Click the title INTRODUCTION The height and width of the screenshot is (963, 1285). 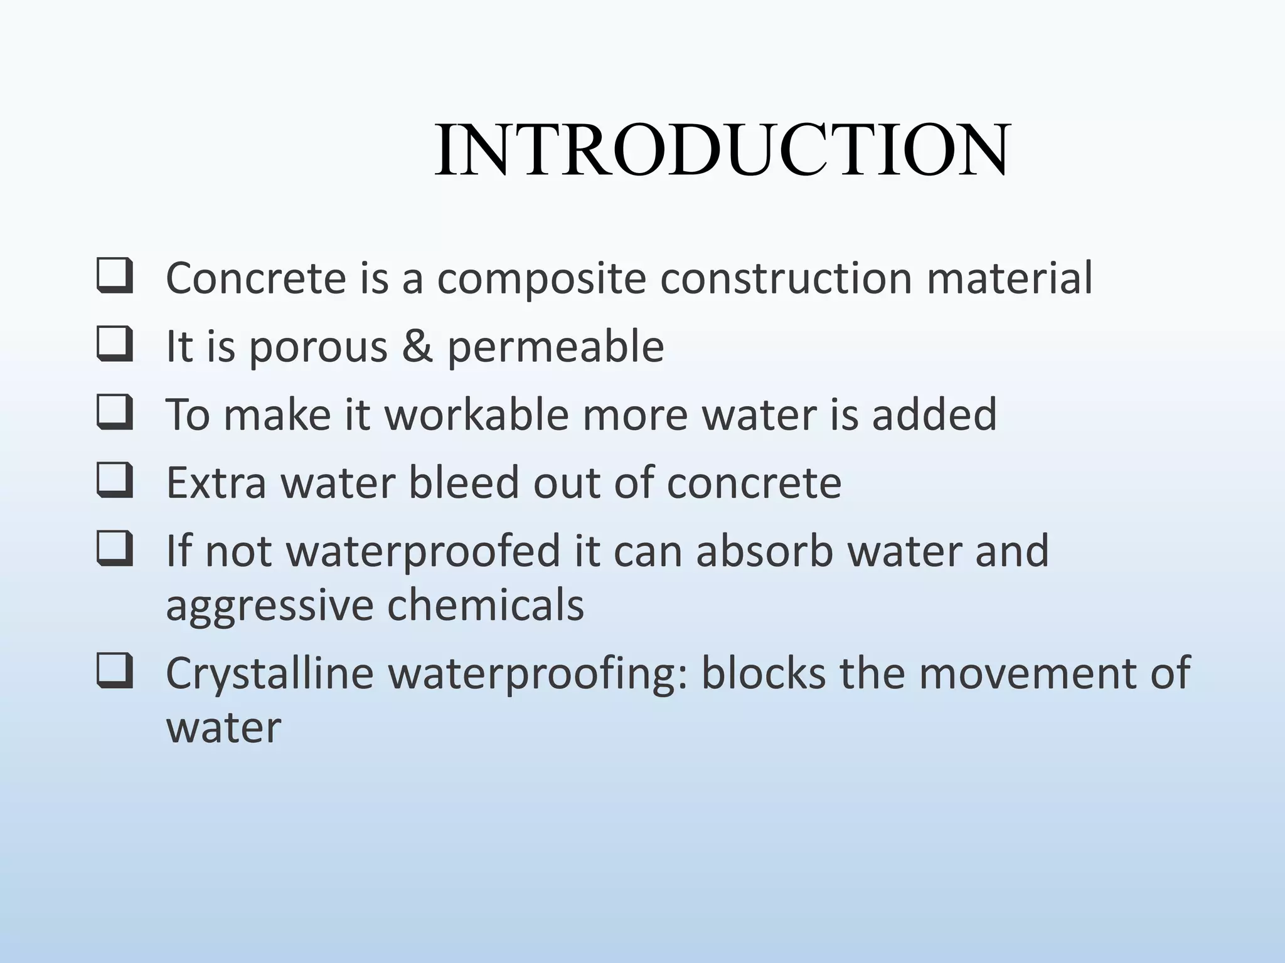(x=722, y=150)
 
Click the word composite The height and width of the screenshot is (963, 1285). (x=541, y=278)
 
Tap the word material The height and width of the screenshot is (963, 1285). (x=1010, y=278)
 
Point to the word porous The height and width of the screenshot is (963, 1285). (x=318, y=347)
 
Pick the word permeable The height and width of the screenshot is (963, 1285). (x=555, y=347)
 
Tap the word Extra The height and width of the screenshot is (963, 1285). (x=216, y=483)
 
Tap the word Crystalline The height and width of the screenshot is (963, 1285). (x=270, y=674)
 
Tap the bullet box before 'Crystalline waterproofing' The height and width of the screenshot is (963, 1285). (x=114, y=671)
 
